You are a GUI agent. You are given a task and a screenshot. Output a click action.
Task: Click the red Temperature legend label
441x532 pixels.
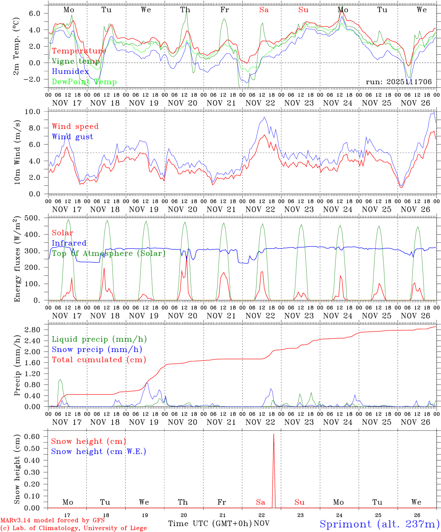pos(79,51)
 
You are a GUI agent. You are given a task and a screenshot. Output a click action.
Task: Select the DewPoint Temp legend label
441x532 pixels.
pos(84,82)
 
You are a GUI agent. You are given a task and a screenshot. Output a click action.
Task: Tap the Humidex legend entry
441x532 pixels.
pos(70,72)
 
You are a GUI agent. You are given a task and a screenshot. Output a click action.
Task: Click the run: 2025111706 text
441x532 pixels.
pos(399,82)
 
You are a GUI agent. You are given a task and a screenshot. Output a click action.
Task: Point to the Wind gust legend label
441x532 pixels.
pos(72,137)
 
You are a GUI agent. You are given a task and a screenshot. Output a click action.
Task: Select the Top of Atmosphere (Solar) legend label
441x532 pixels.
pos(109,253)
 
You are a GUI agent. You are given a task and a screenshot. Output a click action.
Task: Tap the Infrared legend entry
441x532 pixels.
pos(69,243)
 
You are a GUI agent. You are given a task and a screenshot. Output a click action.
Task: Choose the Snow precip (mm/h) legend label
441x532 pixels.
pos(97,349)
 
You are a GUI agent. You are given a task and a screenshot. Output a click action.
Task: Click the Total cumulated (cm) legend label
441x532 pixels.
pos(99,360)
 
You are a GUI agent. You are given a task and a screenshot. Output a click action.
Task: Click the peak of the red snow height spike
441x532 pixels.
pos(273,434)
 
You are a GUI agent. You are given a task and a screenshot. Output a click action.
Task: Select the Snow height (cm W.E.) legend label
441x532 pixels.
pos(99,451)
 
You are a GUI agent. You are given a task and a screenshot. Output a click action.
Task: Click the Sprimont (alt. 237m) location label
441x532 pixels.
pos(379,524)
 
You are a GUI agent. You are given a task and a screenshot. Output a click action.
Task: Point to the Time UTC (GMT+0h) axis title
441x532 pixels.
pos(210,524)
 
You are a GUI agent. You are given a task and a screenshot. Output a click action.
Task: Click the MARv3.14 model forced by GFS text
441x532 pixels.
pos(52,520)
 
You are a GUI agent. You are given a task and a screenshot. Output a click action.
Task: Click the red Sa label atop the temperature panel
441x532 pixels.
pos(264,10)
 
